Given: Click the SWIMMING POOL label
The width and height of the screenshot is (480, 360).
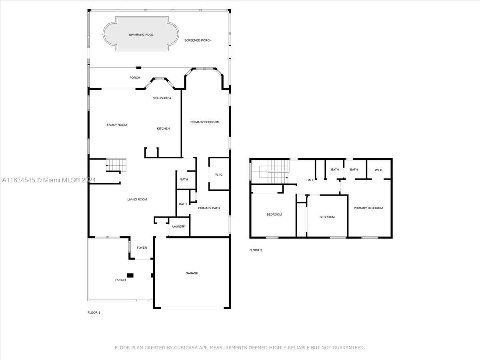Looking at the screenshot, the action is [x=141, y=35].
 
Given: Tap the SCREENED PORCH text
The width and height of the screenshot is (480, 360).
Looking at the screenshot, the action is [x=198, y=40].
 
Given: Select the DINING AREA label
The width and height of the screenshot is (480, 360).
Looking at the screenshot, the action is [x=162, y=98].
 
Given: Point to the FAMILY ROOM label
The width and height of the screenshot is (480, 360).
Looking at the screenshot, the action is [x=117, y=125].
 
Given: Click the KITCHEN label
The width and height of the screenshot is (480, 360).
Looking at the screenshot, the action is [x=163, y=128].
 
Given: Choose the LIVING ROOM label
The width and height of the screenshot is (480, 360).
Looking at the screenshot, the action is [x=137, y=199].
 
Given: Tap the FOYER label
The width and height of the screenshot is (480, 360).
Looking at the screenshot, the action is [x=142, y=248].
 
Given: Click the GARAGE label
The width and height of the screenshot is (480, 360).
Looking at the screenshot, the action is [x=192, y=273].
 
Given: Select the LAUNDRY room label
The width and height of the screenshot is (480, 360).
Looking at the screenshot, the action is [x=179, y=226].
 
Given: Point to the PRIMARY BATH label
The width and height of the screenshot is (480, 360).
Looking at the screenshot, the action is [x=209, y=208].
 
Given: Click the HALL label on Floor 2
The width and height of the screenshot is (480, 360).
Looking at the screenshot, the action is [x=310, y=180].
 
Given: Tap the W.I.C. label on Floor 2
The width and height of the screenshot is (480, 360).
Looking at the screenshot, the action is [x=378, y=170].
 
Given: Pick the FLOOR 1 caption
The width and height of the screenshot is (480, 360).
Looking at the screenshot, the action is [x=94, y=312].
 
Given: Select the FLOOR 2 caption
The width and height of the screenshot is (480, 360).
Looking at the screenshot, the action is [x=256, y=250].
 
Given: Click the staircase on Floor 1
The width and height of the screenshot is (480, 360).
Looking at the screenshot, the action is [x=116, y=165].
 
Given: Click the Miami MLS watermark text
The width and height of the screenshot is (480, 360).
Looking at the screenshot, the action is [x=49, y=180].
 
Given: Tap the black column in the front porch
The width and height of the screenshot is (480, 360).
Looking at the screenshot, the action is [x=130, y=276].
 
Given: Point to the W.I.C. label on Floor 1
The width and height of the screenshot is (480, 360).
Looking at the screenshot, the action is [x=219, y=175].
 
